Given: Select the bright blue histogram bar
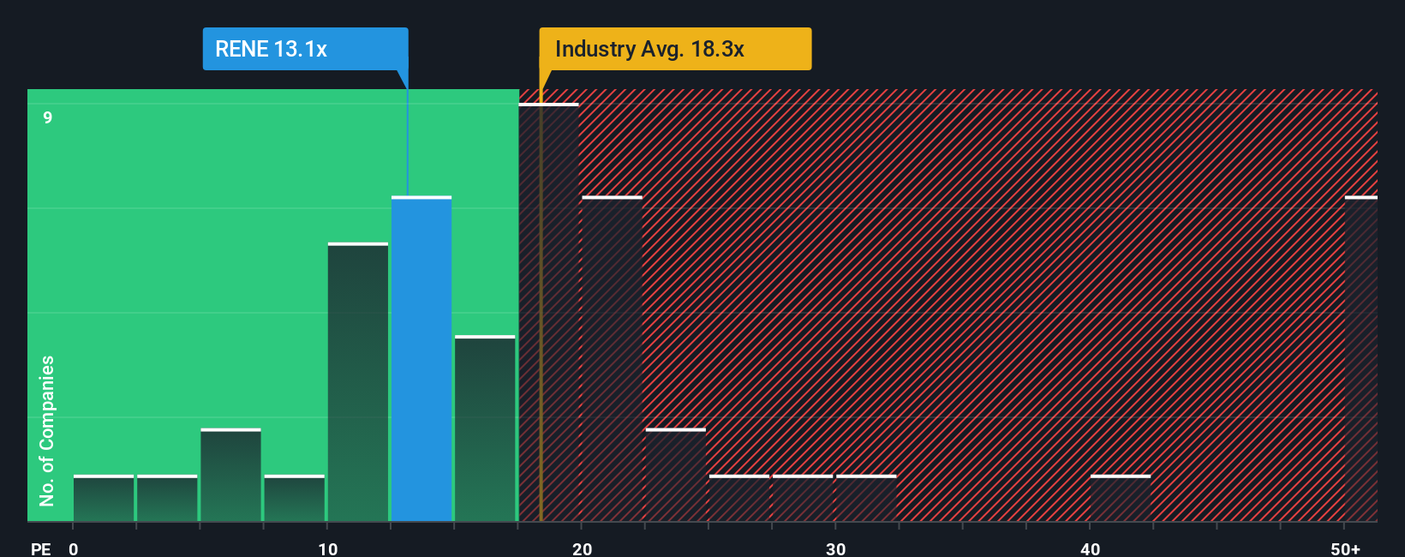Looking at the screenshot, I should click(x=421, y=360).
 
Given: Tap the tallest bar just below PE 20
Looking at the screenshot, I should click(x=549, y=313).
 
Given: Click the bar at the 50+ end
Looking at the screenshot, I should click(x=1360, y=360).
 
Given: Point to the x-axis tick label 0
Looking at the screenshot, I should click(x=74, y=548).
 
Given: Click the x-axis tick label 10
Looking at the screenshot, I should click(x=327, y=548).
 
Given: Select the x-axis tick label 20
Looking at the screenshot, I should click(x=582, y=548).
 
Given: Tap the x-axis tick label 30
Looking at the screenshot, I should click(x=835, y=548).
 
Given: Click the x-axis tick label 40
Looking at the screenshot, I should click(x=1090, y=548).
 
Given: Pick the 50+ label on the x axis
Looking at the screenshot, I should click(x=1345, y=548).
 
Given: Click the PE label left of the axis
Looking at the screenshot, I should click(x=40, y=548).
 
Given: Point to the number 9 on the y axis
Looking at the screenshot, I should click(x=48, y=117).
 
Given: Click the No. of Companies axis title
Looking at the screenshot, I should click(x=47, y=430).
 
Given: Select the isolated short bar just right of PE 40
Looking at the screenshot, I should click(x=1121, y=499).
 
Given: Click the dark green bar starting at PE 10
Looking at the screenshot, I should click(x=358, y=383).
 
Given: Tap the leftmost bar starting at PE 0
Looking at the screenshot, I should click(x=104, y=499).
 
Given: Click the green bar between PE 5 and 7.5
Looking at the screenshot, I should click(x=230, y=476).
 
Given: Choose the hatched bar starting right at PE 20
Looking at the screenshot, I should click(x=612, y=360).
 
